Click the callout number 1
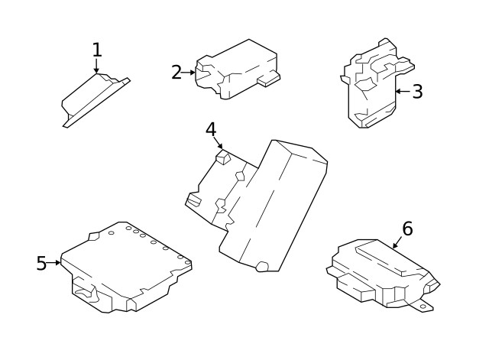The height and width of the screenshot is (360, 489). click(x=97, y=50)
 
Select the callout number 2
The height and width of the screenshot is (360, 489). click(x=176, y=73)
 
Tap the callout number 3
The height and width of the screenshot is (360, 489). click(x=417, y=92)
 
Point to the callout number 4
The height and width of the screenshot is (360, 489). click(x=212, y=129)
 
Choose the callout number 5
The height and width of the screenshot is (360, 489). click(x=41, y=264)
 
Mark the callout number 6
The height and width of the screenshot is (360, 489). click(x=407, y=228)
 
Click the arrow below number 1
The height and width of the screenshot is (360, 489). click(x=97, y=67)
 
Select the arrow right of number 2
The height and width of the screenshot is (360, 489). click(x=189, y=73)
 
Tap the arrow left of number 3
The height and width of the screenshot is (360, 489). click(x=402, y=92)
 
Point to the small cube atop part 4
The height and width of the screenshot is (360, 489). click(x=222, y=157)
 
